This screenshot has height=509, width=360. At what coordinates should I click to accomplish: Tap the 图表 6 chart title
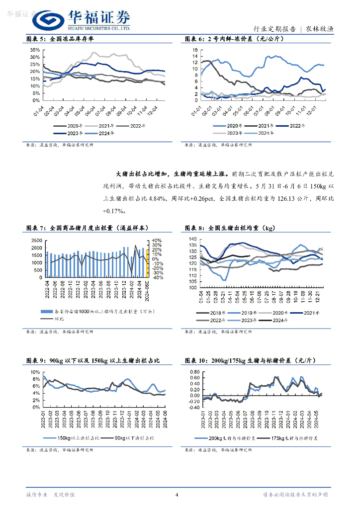[234, 39]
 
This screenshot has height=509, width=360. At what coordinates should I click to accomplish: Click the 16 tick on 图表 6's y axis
[195, 50]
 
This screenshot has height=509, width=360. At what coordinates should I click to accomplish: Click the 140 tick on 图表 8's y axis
[194, 240]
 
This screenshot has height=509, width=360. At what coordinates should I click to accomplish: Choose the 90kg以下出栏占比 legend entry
[134, 438]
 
